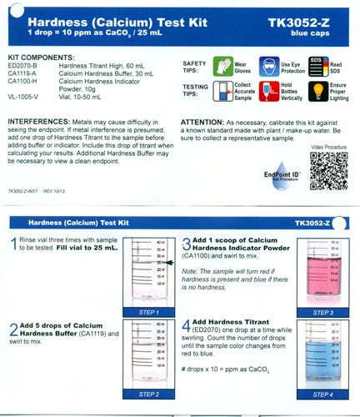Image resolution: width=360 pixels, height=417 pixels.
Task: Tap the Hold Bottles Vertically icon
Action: click(268, 91)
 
